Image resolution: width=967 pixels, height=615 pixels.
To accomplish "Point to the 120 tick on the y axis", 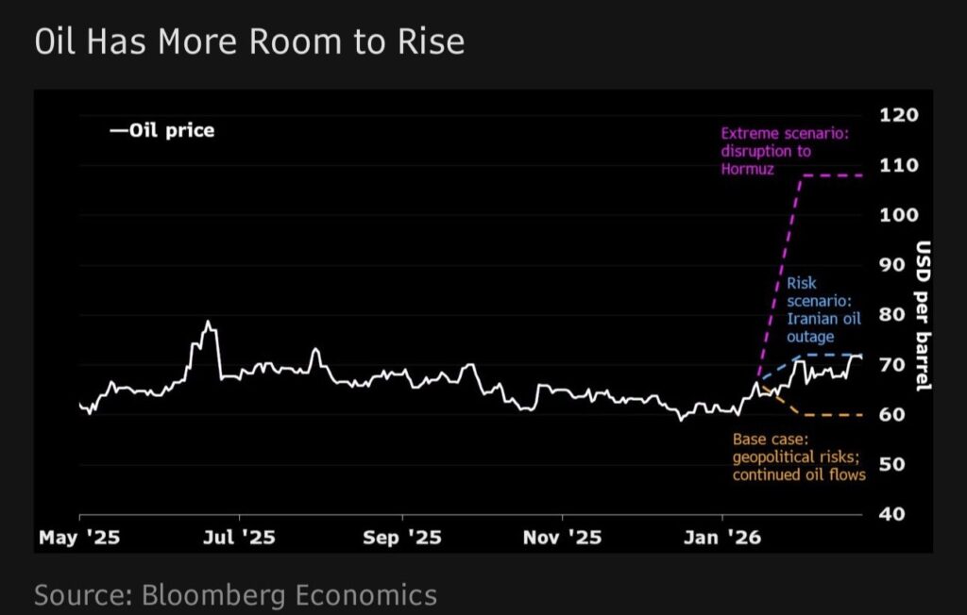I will [899, 115].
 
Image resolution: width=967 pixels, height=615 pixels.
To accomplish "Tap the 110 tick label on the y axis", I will [899, 165].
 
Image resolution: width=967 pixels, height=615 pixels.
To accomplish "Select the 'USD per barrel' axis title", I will [924, 315].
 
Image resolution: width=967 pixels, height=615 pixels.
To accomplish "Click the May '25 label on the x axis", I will [79, 539].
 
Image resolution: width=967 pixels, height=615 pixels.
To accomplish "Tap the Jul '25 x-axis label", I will [240, 539].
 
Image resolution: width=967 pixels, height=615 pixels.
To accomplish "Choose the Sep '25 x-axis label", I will [402, 539].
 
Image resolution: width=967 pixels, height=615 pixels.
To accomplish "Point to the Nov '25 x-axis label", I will [562, 539].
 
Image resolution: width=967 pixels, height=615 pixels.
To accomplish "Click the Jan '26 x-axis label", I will [723, 539].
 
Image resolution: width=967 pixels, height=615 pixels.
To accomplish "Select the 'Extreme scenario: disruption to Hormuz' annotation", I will [784, 152].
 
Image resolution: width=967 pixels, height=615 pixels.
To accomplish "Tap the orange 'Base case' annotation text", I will [799, 457].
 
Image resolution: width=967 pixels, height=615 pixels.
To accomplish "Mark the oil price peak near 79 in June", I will [208, 323].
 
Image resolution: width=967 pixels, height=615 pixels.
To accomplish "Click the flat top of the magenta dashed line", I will [831, 176].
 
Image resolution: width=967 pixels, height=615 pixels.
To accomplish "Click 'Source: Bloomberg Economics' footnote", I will [235, 595].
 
